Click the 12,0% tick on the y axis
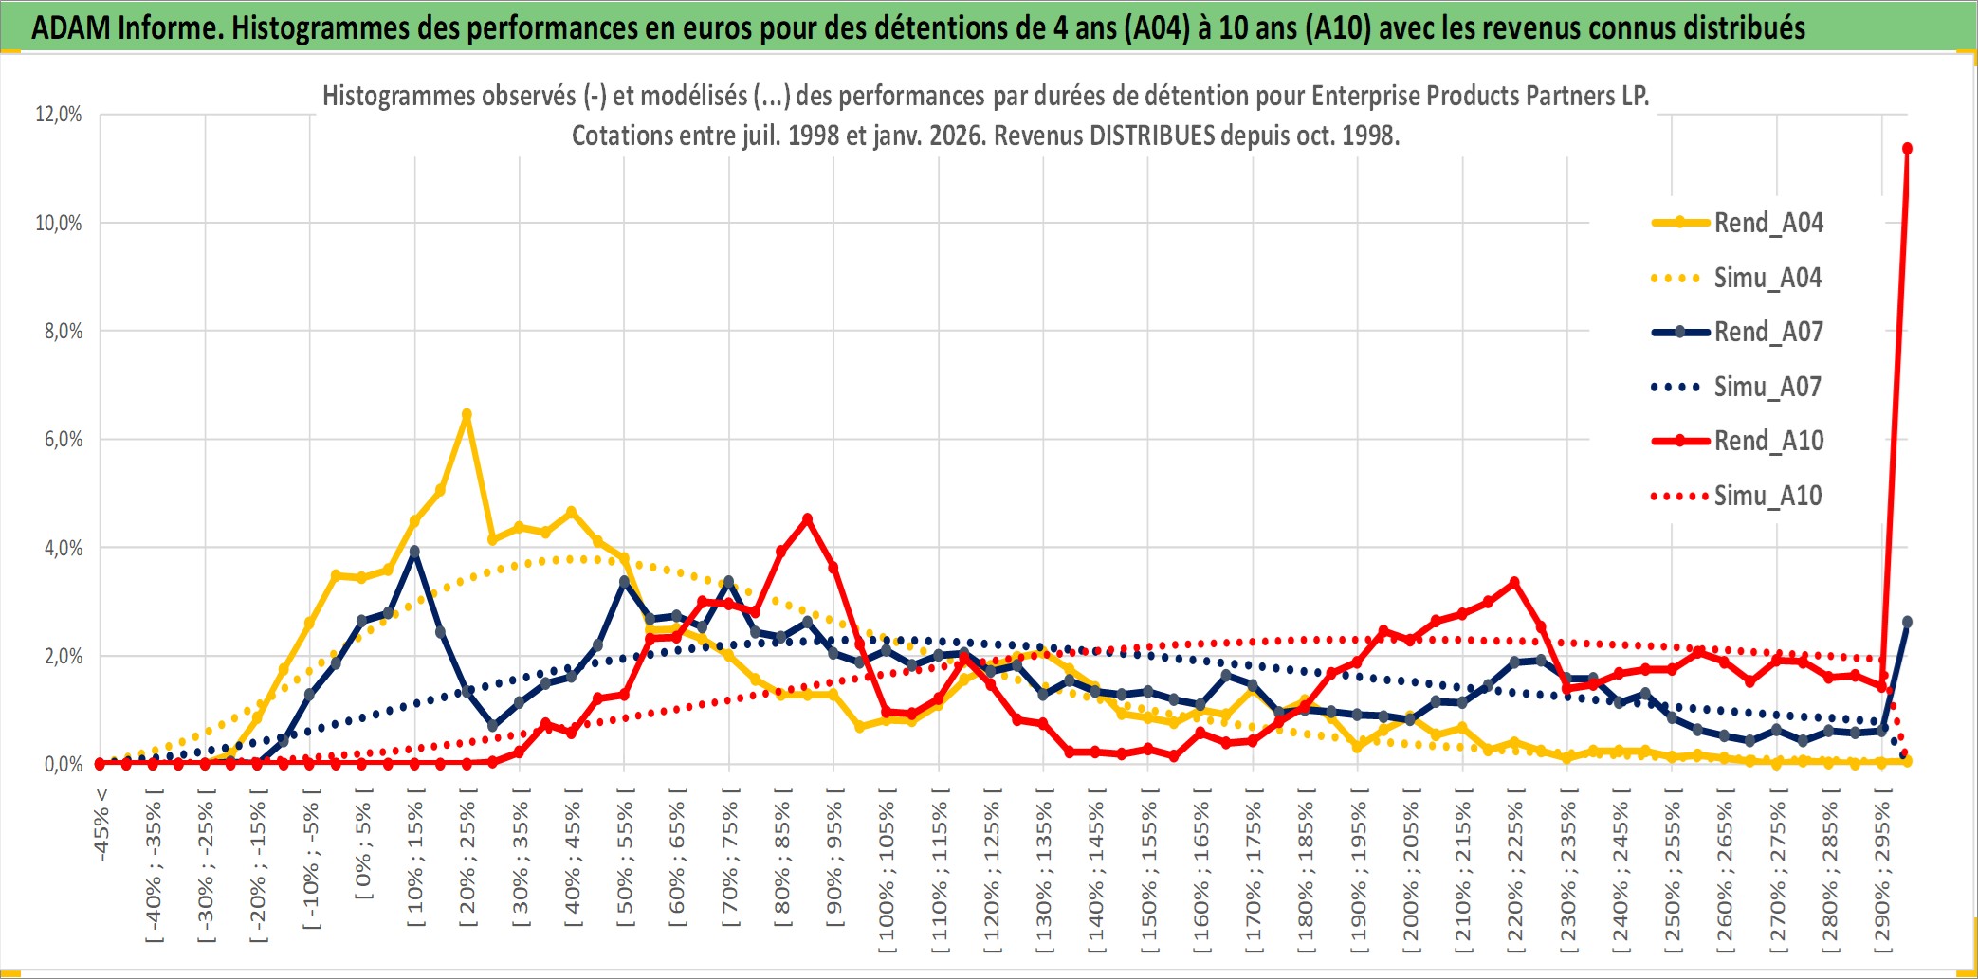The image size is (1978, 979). tap(59, 115)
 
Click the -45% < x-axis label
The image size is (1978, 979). tap(101, 825)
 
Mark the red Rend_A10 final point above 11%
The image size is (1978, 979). tap(1907, 149)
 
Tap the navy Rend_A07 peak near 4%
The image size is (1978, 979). tap(414, 551)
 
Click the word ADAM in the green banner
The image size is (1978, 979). tap(70, 27)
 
